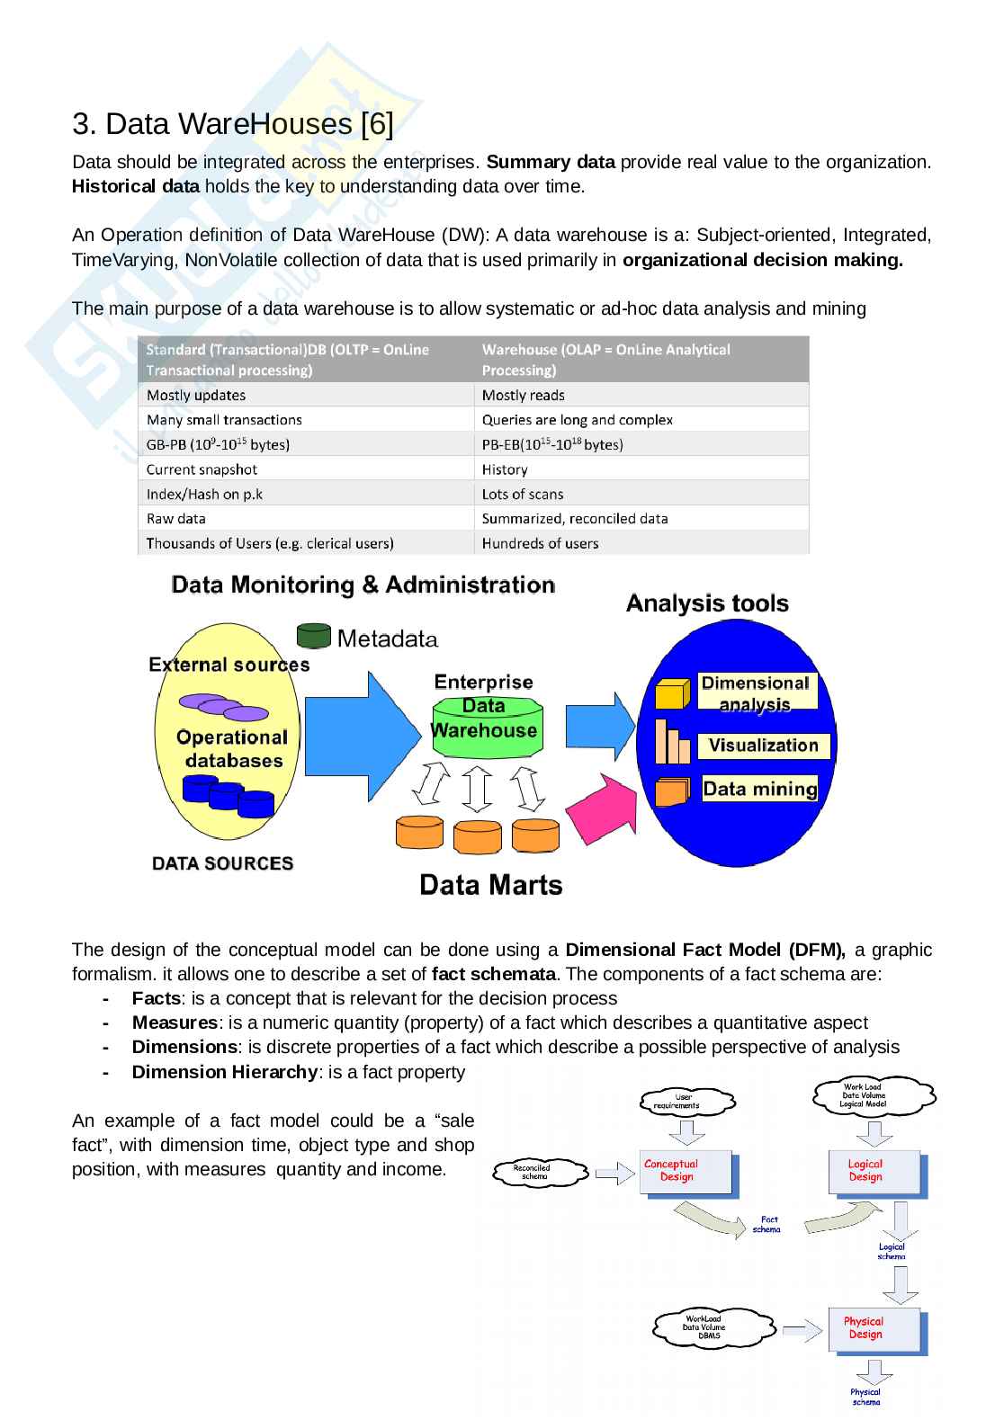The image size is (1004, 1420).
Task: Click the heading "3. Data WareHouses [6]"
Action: click(x=232, y=124)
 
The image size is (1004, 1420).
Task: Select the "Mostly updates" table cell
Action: click(x=196, y=395)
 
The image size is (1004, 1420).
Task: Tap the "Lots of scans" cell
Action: click(x=523, y=494)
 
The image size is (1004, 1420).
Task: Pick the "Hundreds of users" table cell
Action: click(x=540, y=543)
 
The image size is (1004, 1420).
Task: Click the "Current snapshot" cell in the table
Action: click(x=202, y=469)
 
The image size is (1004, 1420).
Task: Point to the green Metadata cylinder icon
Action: click(x=313, y=636)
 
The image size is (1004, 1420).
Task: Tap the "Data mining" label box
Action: click(x=759, y=789)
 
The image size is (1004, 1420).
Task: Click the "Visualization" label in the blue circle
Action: click(x=763, y=746)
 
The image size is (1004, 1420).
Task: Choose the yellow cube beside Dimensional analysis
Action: click(x=672, y=693)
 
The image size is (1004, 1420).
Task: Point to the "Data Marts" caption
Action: click(x=491, y=885)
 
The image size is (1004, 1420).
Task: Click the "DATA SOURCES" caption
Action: click(x=222, y=863)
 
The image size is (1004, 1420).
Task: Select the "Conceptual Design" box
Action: click(x=686, y=1173)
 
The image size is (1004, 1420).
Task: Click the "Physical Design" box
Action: click(x=873, y=1329)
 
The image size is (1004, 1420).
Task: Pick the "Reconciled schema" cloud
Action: click(x=534, y=1172)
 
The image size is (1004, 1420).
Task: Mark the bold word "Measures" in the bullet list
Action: click(x=175, y=1023)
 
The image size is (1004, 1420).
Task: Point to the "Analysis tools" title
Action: click(x=707, y=603)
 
